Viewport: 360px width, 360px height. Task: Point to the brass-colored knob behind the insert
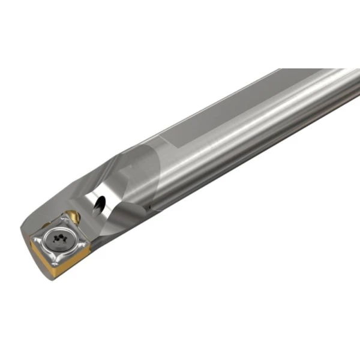(x=73, y=215)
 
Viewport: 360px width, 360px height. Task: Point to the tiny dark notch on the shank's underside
(x=160, y=208)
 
